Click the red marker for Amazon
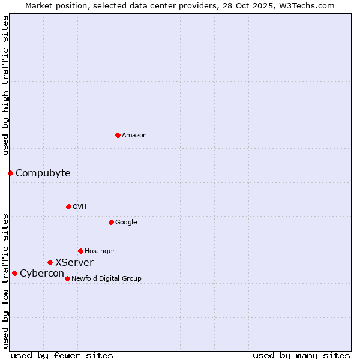click(118, 135)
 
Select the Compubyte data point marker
click(10, 173)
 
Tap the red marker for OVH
click(68, 206)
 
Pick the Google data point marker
click(111, 222)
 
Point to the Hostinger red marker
click(80, 251)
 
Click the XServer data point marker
click(50, 262)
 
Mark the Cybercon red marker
click(14, 273)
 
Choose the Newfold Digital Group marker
click(67, 278)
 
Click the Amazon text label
click(134, 136)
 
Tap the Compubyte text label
click(43, 173)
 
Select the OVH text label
click(80, 207)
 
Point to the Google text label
click(126, 223)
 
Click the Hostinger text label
click(100, 251)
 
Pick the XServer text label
click(74, 263)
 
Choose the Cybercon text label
click(42, 274)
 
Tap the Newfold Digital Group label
click(106, 279)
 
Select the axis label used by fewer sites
click(62, 355)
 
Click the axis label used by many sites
click(301, 355)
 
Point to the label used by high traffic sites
click(6, 85)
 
